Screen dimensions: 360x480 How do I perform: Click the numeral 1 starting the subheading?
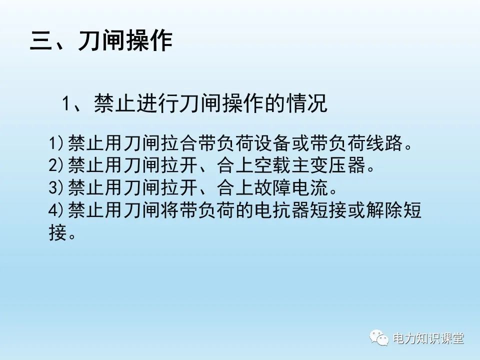coord(65,104)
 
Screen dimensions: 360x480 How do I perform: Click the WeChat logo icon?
coord(379,338)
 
